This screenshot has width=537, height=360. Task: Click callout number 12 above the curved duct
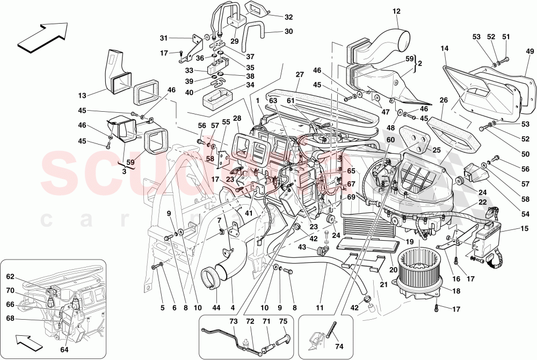tap(396, 11)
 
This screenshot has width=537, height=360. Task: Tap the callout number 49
tap(529, 51)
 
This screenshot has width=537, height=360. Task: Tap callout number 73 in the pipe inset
tap(234, 321)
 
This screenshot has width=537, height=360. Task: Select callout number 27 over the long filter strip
tap(299, 75)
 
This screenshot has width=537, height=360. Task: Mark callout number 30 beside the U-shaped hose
tap(289, 31)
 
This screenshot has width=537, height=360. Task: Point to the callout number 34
tap(250, 84)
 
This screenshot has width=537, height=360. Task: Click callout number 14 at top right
tap(445, 48)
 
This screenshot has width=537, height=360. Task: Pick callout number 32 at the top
tap(289, 17)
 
